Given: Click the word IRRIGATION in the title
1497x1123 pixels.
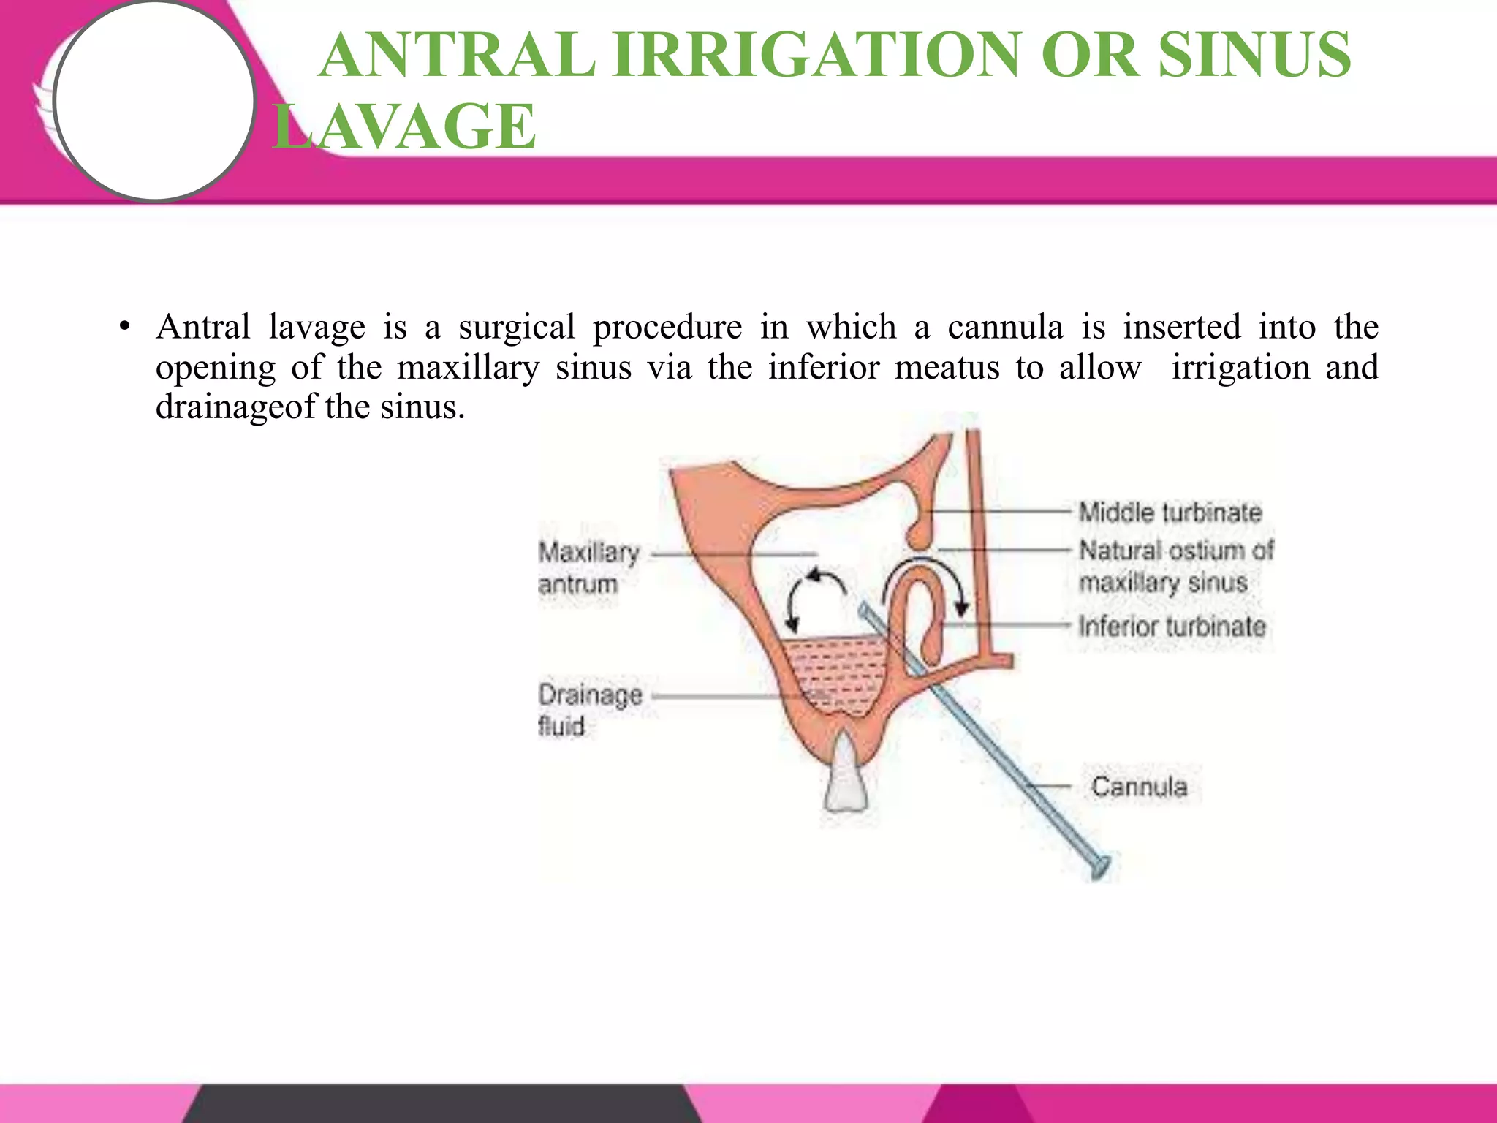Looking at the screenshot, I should [x=816, y=56].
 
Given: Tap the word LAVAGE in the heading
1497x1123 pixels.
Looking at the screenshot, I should [x=406, y=126].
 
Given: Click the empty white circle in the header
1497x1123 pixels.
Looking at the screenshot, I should [x=154, y=100].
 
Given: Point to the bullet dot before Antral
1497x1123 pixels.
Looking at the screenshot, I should [x=125, y=327].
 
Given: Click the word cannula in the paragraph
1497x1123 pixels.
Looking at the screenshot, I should [x=1005, y=327].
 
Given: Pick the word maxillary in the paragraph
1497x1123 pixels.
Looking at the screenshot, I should [x=468, y=367].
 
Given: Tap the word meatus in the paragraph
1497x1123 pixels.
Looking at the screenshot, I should [x=947, y=367].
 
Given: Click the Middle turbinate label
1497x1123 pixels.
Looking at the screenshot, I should [x=1170, y=512].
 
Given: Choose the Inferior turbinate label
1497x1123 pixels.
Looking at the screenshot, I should [x=1172, y=627].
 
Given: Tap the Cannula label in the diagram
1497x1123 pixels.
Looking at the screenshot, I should [x=1139, y=787].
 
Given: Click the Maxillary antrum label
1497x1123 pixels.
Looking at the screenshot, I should [x=588, y=567].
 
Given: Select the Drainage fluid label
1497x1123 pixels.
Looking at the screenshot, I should [x=589, y=710].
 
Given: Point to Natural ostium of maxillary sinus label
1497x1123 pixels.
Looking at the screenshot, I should [x=1175, y=567].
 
